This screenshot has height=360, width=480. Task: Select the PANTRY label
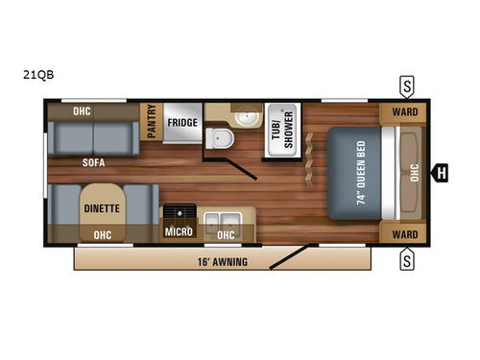[x=150, y=122]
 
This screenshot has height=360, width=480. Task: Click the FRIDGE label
[x=182, y=123]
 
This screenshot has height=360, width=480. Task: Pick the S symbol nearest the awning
[x=407, y=258]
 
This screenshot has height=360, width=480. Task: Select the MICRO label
[x=179, y=232]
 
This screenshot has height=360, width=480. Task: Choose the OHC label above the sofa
[x=83, y=111]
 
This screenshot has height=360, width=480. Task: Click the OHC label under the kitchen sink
[x=227, y=232]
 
